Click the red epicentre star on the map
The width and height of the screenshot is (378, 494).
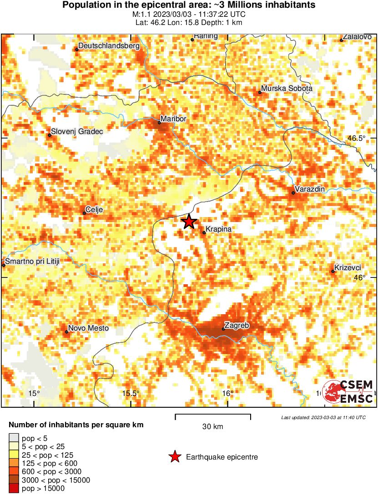(x=189, y=222)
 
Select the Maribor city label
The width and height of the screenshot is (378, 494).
(x=175, y=119)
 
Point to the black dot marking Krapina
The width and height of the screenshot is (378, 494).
(x=204, y=233)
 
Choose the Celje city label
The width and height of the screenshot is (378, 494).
(x=95, y=209)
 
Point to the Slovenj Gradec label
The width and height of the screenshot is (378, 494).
(x=77, y=132)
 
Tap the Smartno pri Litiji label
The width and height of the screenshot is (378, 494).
(x=32, y=261)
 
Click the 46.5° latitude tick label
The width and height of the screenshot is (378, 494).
(x=355, y=138)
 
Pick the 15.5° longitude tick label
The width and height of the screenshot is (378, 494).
(x=131, y=393)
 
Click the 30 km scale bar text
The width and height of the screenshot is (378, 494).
(x=212, y=427)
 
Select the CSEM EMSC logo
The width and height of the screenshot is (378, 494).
(x=348, y=392)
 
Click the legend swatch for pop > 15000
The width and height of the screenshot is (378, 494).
(x=14, y=489)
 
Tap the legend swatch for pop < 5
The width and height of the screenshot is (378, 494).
(x=14, y=439)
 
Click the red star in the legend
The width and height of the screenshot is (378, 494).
(x=175, y=457)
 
